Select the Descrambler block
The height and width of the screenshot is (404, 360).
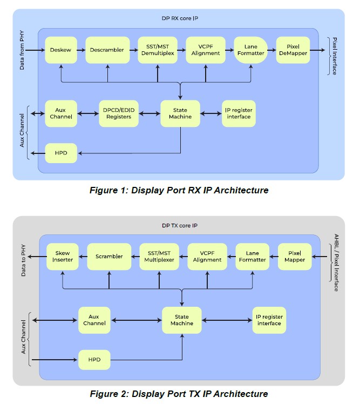point(108,50)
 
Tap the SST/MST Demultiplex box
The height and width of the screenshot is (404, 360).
point(158,50)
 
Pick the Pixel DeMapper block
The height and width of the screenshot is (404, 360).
point(293,50)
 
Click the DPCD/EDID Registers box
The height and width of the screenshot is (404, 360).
point(119,113)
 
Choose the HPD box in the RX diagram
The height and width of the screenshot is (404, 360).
point(60,153)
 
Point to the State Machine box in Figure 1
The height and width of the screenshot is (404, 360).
point(180,113)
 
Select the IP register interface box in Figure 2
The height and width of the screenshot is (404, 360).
point(269,320)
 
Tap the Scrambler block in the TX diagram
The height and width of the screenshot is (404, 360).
point(109,257)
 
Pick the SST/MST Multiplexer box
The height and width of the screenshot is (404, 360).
point(159,257)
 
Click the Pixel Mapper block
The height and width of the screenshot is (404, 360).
point(295,257)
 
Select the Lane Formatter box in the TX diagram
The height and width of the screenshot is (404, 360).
point(253,257)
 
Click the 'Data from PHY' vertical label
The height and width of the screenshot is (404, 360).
point(22,50)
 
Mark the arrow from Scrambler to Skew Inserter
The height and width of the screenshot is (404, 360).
point(83,257)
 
